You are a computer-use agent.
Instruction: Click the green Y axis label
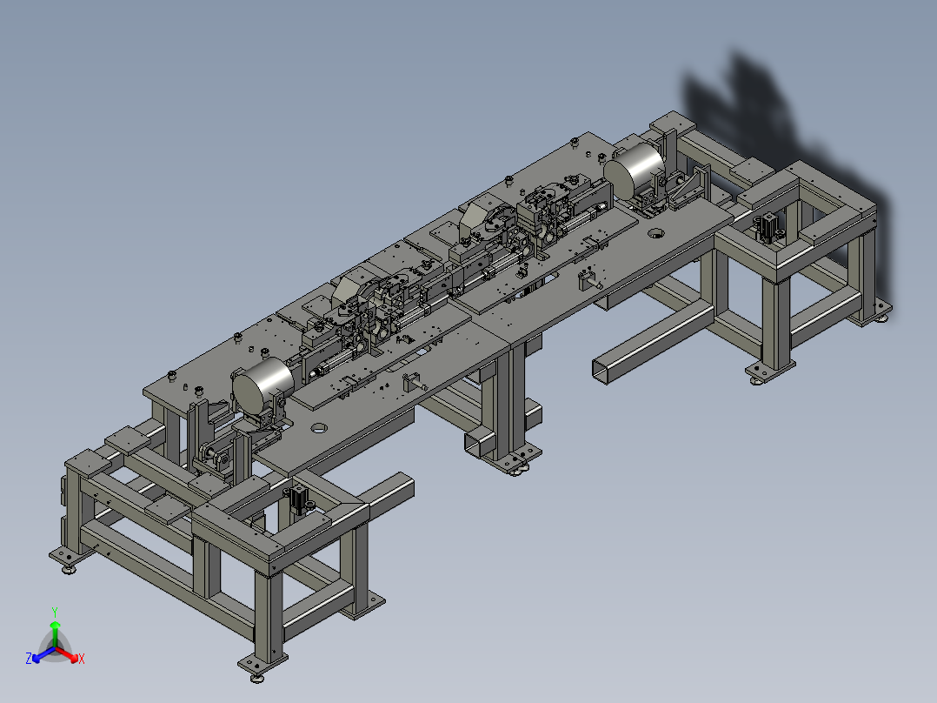point(55,612)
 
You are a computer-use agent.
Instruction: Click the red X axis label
point(82,659)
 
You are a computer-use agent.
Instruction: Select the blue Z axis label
point(29,658)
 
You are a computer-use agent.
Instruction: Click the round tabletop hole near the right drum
point(656,232)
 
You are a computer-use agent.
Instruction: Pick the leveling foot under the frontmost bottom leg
point(257,677)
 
